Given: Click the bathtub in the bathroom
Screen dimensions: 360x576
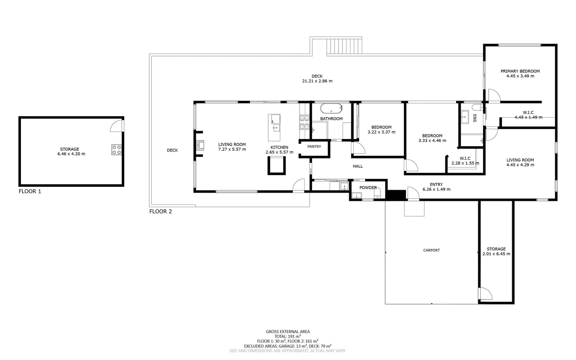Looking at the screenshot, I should [x=331, y=109].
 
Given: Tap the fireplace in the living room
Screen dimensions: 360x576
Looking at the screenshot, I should [x=200, y=146].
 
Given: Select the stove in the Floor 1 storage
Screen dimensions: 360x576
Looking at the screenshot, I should [x=116, y=150].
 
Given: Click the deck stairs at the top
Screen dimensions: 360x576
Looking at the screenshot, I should [x=344, y=46].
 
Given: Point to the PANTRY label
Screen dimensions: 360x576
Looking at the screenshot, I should [x=314, y=147].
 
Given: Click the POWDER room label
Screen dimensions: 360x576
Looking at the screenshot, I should [x=368, y=188].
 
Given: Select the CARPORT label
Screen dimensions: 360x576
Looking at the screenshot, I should [x=431, y=250].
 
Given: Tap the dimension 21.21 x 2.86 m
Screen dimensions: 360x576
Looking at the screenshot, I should [x=317, y=81].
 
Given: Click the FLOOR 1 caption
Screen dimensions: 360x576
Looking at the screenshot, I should [x=30, y=191].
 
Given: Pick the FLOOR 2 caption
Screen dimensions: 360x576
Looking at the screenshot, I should [x=161, y=211].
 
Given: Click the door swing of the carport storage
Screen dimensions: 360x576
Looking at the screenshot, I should [x=486, y=294].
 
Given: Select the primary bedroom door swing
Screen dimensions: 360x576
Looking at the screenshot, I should [x=494, y=96].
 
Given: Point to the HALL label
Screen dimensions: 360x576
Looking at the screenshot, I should [x=358, y=166].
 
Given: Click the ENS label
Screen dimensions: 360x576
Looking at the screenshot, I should [x=475, y=118].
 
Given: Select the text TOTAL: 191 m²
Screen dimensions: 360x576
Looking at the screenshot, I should [x=288, y=337].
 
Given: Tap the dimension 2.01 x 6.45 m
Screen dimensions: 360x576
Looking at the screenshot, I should [x=496, y=254].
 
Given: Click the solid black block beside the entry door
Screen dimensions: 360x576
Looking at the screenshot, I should [x=396, y=195].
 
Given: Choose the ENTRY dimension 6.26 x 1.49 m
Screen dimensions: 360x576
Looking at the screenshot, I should [x=436, y=189].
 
